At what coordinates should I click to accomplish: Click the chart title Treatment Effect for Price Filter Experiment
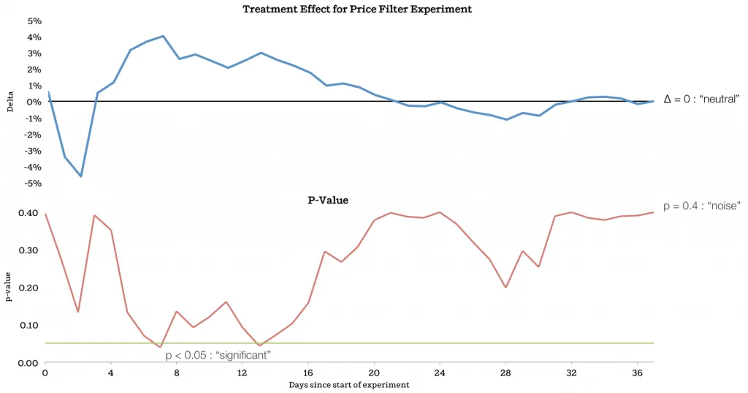click(357, 10)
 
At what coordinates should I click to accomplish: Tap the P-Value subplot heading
click(327, 199)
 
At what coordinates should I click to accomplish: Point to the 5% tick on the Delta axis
click(34, 20)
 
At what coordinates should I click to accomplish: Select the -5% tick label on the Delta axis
click(33, 183)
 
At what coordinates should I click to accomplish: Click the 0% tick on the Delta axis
click(34, 102)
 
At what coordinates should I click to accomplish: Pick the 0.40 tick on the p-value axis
click(28, 213)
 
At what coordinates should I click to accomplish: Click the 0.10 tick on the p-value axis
click(28, 325)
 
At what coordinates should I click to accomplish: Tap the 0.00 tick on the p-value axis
click(28, 363)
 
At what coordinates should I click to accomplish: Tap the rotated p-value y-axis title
click(10, 288)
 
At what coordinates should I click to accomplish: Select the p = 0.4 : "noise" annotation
click(702, 206)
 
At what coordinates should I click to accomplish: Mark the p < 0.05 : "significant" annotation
click(218, 355)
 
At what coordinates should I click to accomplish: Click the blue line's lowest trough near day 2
click(81, 176)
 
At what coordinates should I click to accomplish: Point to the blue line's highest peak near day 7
click(163, 36)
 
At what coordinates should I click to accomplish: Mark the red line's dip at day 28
click(505, 287)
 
